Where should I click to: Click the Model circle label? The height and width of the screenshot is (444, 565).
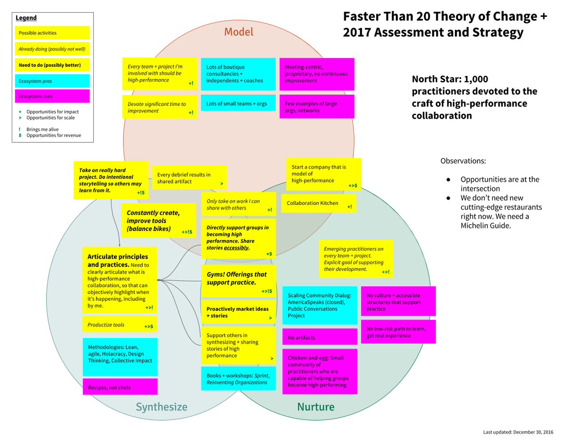coord(238,32)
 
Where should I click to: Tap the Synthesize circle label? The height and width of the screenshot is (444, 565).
coord(161,407)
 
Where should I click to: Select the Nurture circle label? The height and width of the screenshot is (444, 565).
coord(315,407)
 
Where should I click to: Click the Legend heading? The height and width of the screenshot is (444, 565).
coord(26,18)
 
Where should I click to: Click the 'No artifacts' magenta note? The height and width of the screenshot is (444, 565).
coord(320,337)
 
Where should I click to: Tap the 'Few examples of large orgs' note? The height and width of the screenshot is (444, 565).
coord(316,107)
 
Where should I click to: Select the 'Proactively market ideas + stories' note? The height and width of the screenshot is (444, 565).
coord(238,312)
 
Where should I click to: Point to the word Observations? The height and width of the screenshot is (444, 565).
coord(463,161)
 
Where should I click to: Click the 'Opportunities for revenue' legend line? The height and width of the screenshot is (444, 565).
coord(53,135)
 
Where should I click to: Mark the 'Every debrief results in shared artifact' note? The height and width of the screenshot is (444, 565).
coord(189,178)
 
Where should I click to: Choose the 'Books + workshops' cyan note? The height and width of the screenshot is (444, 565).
coord(238,379)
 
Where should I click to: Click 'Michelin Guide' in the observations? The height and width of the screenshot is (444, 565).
coord(485,226)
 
